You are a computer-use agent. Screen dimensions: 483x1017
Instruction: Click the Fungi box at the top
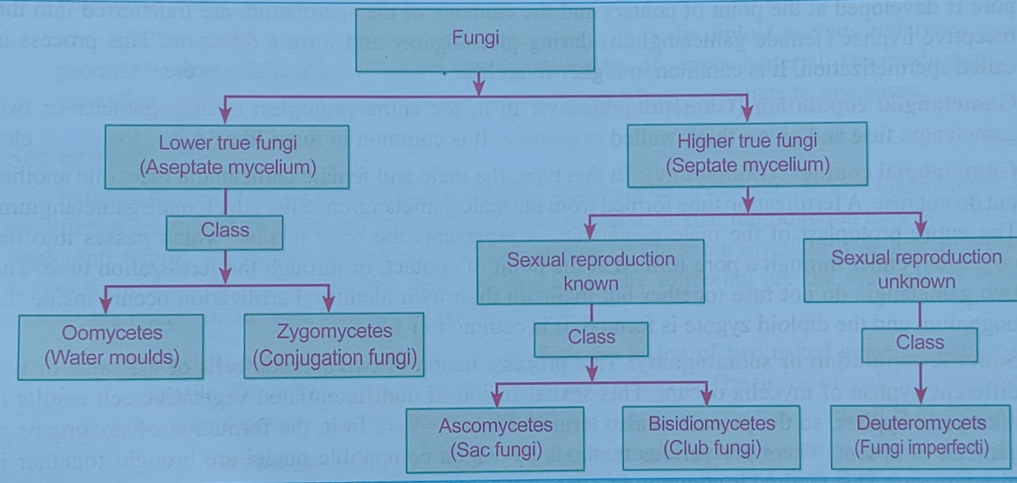475,39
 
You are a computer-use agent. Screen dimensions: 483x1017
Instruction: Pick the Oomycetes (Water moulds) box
111,345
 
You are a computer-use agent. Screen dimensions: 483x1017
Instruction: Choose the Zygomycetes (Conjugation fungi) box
334,344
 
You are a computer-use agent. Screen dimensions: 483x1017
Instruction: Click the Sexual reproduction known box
591,270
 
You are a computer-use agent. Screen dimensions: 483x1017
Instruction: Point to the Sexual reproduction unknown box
915,268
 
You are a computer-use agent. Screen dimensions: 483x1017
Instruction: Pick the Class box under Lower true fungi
225,231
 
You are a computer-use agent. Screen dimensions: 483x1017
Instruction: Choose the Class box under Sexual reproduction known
591,338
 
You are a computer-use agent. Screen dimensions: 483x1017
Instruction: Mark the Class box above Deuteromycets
919,343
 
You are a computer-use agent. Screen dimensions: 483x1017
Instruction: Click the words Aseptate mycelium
228,168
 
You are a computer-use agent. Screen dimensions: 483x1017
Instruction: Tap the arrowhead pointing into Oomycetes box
104,305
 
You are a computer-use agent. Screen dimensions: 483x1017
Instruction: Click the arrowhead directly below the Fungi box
479,85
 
